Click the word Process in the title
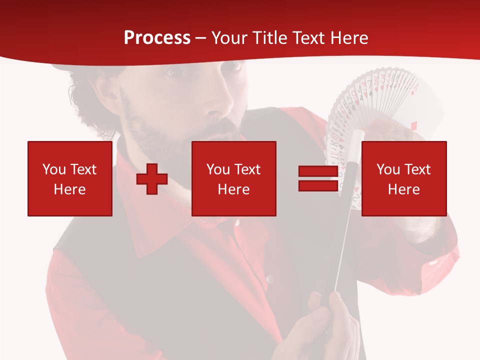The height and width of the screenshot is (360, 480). coord(157,38)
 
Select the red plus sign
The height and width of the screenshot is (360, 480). coord(152,179)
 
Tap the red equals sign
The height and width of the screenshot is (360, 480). coord(318,178)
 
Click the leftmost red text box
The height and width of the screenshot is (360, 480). coord(70,178)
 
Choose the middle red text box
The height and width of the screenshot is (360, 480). coord(234,178)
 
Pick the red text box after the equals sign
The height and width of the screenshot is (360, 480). coord(404,178)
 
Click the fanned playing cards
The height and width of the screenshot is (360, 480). coord(380,105)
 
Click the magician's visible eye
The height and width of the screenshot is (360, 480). coord(175,72)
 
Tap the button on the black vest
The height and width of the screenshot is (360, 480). coord(269,279)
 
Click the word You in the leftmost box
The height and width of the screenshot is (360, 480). coord(54,169)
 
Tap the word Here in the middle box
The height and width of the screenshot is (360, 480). coord(234,189)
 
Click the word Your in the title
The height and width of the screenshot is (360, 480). coord(228,38)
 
